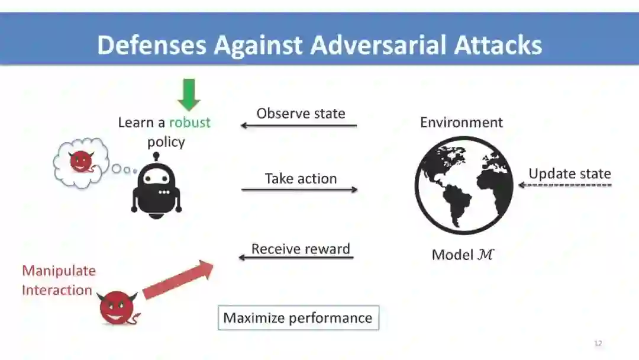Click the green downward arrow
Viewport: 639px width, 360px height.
click(189, 95)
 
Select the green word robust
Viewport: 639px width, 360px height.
click(189, 123)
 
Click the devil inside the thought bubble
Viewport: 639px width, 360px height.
click(79, 162)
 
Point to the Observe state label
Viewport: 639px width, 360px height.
click(301, 113)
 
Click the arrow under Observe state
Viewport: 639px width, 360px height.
click(299, 126)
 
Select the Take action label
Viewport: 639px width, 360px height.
click(301, 178)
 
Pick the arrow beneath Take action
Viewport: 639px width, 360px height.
click(299, 189)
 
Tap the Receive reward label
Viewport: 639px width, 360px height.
click(301, 249)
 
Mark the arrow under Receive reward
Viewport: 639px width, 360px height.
click(296, 258)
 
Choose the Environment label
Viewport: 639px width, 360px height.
click(461, 123)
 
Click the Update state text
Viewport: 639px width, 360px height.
click(570, 173)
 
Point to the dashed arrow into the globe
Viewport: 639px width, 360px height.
click(565, 185)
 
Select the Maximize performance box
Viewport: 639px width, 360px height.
click(298, 318)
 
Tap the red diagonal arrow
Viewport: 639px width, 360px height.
click(177, 279)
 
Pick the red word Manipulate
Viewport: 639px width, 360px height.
click(59, 271)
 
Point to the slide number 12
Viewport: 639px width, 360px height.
click(598, 343)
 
